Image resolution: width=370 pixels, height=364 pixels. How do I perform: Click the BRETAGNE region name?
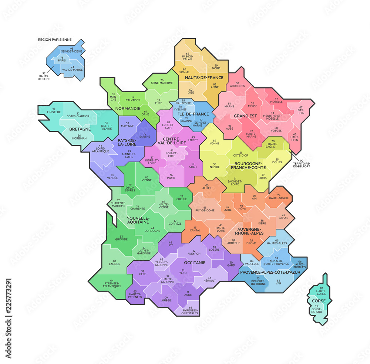(80, 129)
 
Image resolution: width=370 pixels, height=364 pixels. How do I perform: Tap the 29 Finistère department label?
(54, 110)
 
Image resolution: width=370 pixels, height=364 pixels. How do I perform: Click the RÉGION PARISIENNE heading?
(55, 39)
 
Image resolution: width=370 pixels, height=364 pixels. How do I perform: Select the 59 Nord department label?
(216, 67)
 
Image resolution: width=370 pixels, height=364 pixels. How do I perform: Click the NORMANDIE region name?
(127, 108)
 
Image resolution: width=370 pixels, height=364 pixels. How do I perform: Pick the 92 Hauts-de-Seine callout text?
(44, 76)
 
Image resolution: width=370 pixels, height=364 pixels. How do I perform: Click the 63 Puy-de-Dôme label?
(205, 209)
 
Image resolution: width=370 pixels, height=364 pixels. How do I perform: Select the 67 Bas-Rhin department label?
(301, 110)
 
